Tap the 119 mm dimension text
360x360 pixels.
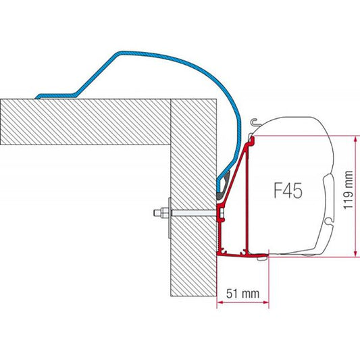pyautogui.click(x=347, y=190)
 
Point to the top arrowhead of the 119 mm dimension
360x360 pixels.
pyautogui.click(x=353, y=138)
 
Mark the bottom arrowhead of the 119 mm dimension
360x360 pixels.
pyautogui.click(x=353, y=255)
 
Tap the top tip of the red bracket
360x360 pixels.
pyautogui.click(x=252, y=138)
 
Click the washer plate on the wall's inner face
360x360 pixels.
pyautogui.click(x=169, y=215)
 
